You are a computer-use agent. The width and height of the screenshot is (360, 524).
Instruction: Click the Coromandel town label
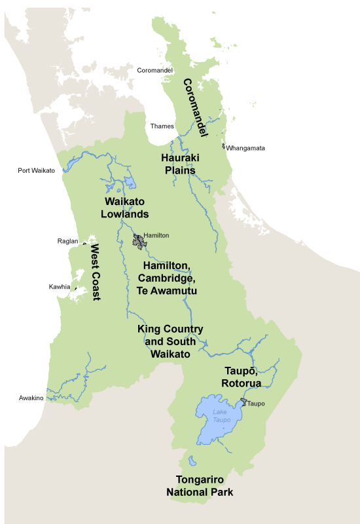[155, 70]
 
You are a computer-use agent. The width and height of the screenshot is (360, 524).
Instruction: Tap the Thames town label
[162, 126]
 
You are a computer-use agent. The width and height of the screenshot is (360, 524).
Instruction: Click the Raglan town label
[67, 241]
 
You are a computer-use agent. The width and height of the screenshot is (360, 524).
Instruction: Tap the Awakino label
[31, 398]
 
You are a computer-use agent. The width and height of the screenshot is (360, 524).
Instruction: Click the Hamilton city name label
[156, 234]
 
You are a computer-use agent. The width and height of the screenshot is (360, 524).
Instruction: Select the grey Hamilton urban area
[139, 242]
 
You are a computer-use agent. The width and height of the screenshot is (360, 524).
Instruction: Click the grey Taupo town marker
[243, 402]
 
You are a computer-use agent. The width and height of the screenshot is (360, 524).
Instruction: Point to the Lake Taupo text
[221, 416]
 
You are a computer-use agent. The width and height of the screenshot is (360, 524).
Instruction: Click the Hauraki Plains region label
[179, 164]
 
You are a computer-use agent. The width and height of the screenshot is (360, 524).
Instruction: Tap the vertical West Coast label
[96, 271]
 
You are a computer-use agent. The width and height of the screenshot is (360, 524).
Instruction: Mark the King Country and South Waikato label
[170, 341]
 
